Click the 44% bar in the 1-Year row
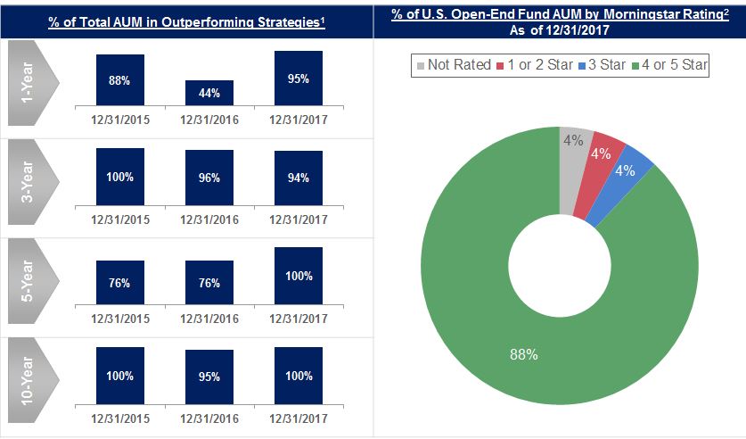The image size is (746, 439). click(209, 94)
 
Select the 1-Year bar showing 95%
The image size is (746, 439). click(299, 79)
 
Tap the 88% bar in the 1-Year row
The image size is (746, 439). click(119, 81)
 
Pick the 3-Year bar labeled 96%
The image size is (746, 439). click(209, 177)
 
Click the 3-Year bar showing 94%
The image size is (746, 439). click(299, 178)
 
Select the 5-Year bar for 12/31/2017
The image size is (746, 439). click(299, 276)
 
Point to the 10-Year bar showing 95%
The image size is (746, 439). click(209, 377)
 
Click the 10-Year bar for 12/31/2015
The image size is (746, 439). click(119, 376)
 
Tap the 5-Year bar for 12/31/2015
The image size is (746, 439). click(119, 283)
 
